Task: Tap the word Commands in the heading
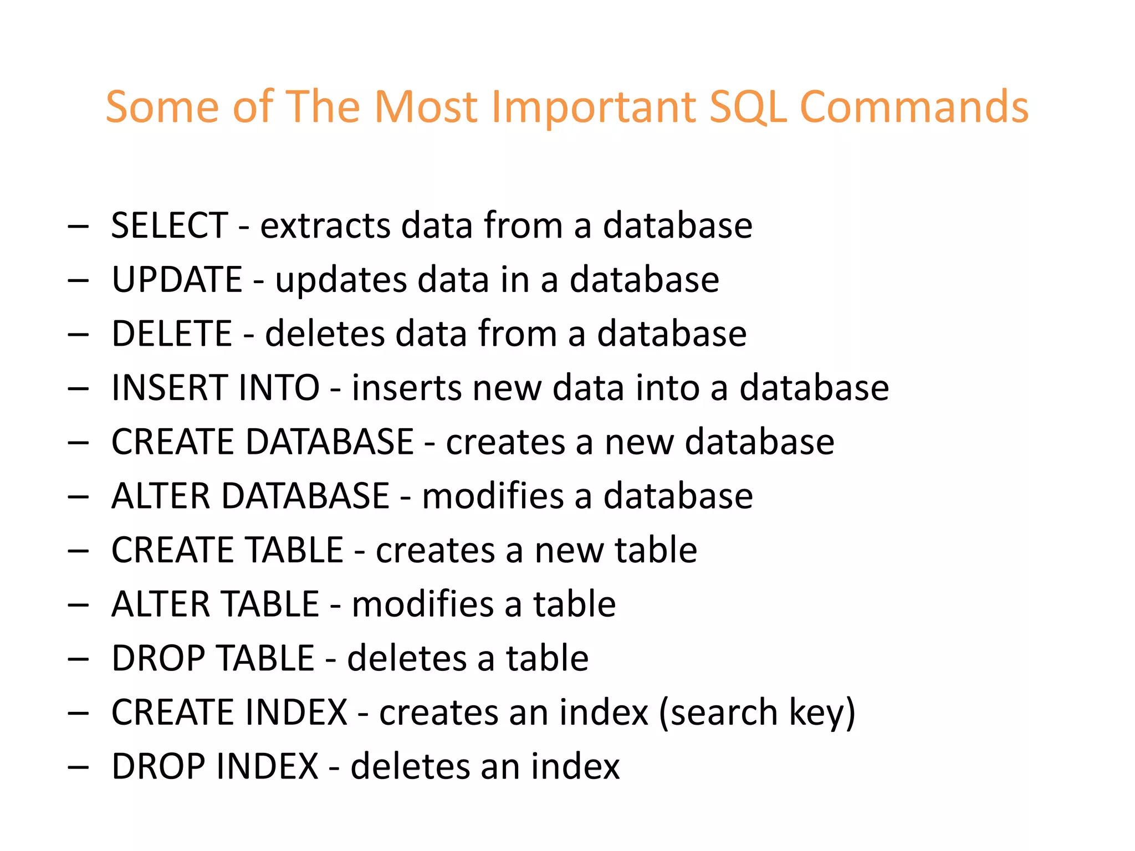pyautogui.click(x=914, y=106)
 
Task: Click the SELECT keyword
pyautogui.click(x=170, y=225)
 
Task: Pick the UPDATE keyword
pyautogui.click(x=177, y=279)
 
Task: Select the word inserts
pyautogui.click(x=406, y=387)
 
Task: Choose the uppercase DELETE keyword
pyautogui.click(x=171, y=334)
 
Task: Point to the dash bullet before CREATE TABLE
pyautogui.click(x=78, y=551)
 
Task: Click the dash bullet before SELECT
pyautogui.click(x=78, y=227)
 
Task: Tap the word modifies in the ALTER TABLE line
pyautogui.click(x=422, y=604)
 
